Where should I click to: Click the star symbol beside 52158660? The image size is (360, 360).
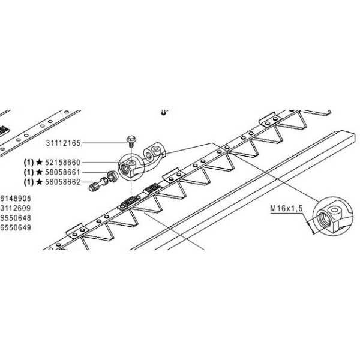[x=38, y=162]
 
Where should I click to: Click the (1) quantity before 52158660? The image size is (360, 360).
[x=28, y=162]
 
